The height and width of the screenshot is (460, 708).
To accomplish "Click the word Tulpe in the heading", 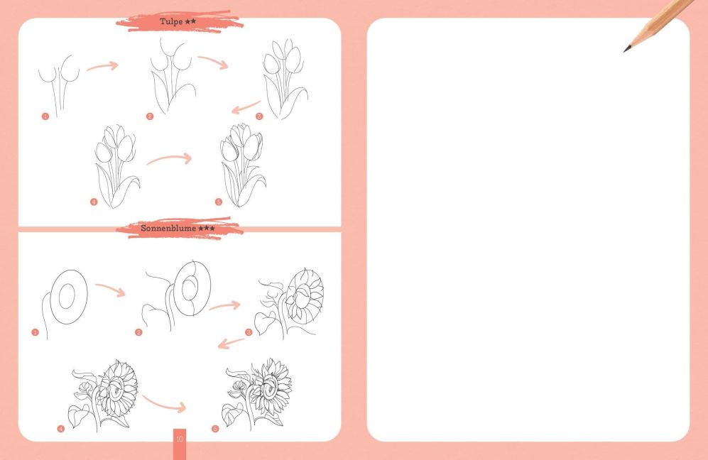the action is pos(171,22).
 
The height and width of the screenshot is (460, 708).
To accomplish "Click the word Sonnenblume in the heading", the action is pos(168,228).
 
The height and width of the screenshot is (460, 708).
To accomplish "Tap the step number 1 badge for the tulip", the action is pos(45,116).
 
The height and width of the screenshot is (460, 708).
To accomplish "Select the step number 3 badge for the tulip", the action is pos(259,116).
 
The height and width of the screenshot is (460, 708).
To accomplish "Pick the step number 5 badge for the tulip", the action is pos(219,202).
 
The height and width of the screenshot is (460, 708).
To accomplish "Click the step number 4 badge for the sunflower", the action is pos(61,428).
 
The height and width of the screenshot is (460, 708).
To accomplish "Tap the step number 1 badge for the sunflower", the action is pos(36,332).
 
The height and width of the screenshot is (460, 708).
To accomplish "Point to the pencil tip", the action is pos(625,50).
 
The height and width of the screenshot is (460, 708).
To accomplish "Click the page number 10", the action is pos(180,439).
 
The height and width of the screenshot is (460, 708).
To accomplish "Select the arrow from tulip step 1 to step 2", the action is pos(103,66).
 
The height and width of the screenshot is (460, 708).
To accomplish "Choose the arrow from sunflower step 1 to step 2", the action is pos(110,290).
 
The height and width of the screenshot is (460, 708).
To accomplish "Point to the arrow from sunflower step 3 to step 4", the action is pos(231,344).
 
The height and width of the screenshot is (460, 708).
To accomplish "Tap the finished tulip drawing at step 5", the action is pos(242,165).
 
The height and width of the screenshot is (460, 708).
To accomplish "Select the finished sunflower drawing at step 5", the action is pos(257,395).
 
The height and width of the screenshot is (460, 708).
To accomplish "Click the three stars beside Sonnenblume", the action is pos(207,228).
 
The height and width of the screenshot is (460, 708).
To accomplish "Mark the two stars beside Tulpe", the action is pos(190,21).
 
